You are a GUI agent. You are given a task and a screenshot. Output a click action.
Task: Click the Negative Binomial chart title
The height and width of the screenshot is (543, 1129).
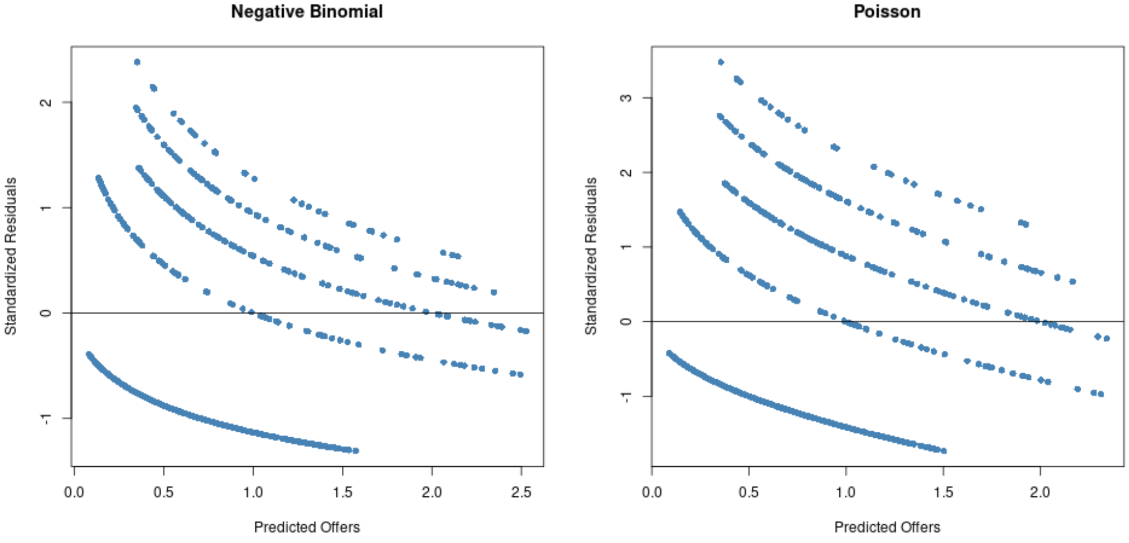point(307,12)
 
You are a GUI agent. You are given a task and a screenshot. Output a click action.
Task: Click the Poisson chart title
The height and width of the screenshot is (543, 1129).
point(887,12)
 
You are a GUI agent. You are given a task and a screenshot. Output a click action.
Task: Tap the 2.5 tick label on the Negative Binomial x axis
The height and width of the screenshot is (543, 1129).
point(521,492)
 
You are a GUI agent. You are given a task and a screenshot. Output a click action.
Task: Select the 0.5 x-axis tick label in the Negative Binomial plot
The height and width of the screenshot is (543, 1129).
point(163,492)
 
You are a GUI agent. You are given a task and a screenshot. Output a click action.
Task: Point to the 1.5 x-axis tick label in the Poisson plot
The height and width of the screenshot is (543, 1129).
point(943,492)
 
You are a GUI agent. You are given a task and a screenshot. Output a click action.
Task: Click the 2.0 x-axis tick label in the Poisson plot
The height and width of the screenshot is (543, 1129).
point(1040,492)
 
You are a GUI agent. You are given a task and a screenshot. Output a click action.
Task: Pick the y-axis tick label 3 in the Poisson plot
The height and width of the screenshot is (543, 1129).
point(626,98)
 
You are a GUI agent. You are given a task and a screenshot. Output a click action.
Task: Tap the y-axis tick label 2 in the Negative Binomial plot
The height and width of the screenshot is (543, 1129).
point(46,102)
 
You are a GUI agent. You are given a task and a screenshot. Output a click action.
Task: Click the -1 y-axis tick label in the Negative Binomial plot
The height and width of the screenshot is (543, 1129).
point(46,419)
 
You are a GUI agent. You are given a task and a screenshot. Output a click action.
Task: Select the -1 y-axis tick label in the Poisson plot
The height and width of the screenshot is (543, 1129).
point(626,397)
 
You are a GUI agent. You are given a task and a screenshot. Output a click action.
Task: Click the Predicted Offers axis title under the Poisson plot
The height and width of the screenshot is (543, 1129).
point(887,527)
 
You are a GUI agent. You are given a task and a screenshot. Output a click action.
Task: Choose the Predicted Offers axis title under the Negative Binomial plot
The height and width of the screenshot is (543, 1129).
point(307,527)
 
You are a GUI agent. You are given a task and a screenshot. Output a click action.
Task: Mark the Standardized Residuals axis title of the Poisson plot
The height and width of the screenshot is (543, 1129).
point(591,256)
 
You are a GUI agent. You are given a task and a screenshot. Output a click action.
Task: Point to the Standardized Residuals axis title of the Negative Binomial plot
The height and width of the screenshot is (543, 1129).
point(11,256)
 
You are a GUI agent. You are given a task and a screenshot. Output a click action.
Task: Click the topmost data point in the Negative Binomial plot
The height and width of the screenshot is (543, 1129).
point(137,62)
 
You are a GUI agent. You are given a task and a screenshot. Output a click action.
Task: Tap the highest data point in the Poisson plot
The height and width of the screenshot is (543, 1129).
point(721,62)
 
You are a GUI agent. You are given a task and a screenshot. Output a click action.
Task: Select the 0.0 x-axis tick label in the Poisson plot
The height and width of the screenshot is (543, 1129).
point(652,492)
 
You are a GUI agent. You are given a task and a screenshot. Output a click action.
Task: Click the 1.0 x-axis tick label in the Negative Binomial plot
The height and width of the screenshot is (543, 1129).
point(253,492)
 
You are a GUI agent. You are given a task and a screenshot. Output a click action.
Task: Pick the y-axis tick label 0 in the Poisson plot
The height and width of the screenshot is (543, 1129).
point(626,321)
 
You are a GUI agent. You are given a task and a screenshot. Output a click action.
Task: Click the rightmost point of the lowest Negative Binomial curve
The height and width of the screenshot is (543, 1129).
point(356,451)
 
